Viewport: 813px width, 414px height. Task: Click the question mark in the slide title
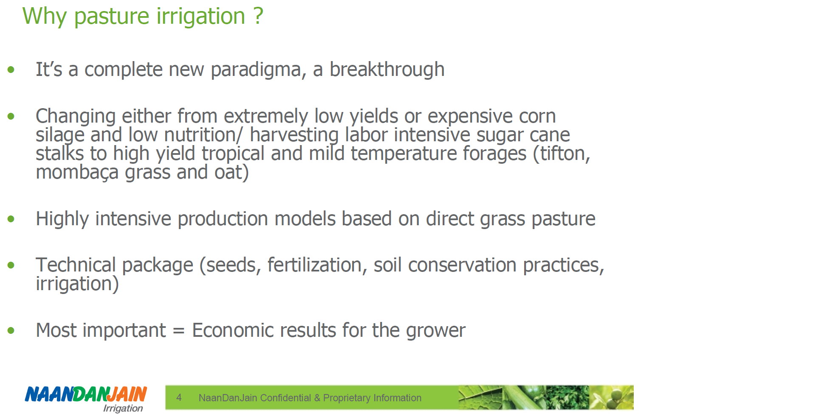click(x=258, y=16)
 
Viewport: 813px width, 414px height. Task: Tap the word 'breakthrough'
click(x=387, y=69)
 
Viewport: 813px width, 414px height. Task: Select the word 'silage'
click(x=60, y=135)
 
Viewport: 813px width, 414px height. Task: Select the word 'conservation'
click(x=462, y=265)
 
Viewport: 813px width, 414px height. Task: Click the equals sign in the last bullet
click(x=179, y=331)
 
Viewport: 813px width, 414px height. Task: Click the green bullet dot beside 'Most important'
click(x=11, y=330)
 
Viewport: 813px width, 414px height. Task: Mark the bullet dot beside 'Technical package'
click(x=11, y=265)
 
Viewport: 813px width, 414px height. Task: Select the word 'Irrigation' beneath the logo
click(x=123, y=408)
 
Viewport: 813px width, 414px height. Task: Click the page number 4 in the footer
click(x=179, y=397)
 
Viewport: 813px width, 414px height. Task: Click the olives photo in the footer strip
click(x=611, y=397)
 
